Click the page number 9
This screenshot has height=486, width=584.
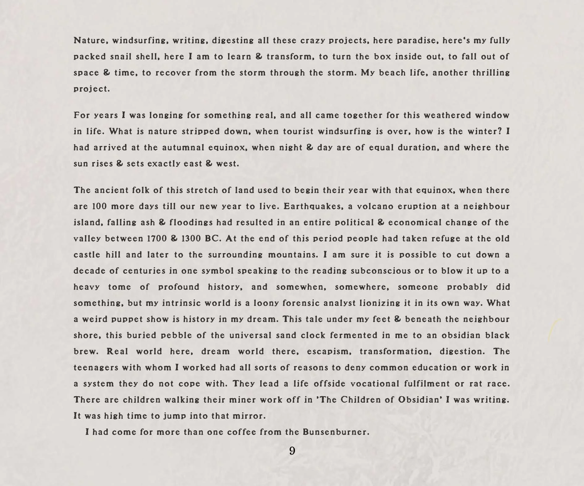coord(292,451)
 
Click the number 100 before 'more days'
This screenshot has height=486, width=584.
coord(99,206)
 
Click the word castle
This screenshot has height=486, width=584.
coord(87,255)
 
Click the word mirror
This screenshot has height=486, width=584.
coord(249,416)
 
